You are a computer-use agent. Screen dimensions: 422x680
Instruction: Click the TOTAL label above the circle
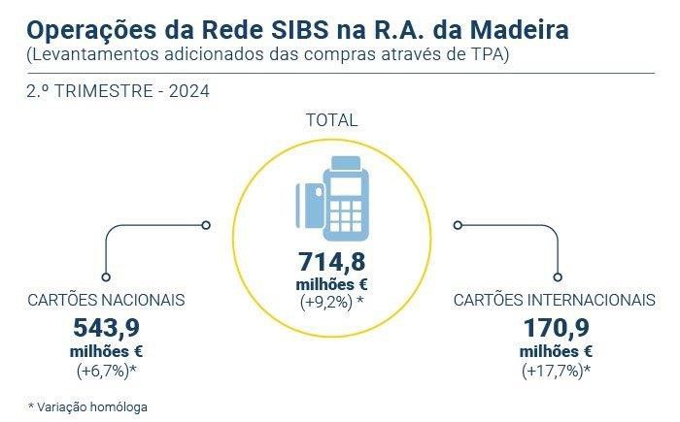pyautogui.click(x=332, y=120)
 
